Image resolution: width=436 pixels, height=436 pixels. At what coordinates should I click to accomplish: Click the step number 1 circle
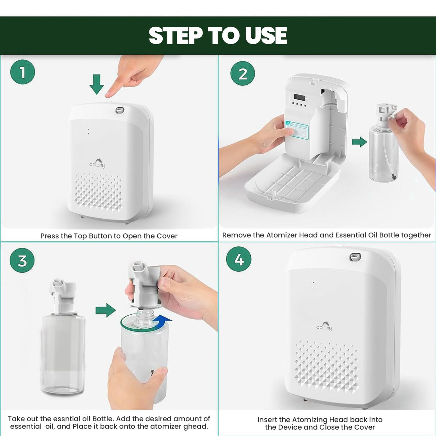click(23, 72)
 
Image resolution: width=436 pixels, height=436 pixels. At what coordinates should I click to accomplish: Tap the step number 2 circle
click(243, 74)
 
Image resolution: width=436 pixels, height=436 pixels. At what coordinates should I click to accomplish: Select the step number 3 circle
click(22, 260)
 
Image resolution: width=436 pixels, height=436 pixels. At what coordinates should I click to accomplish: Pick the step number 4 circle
click(239, 259)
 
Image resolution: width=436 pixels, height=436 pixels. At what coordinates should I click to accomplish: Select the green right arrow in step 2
click(359, 142)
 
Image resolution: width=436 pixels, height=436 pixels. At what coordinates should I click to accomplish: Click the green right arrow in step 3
click(106, 310)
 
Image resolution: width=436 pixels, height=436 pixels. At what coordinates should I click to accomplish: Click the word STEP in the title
click(176, 36)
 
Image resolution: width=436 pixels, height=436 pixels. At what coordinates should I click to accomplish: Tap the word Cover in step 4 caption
click(365, 427)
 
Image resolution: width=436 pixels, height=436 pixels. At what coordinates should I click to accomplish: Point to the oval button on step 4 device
click(355, 256)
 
